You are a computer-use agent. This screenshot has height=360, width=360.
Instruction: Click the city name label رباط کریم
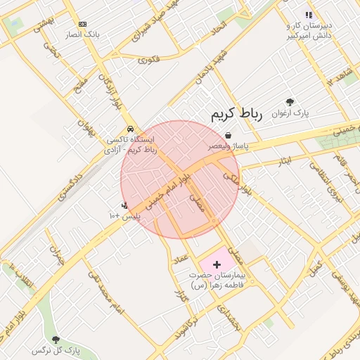(x=236, y=115)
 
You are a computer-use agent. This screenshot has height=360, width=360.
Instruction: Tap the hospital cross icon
(x=217, y=264)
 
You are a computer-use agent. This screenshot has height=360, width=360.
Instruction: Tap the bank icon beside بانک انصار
(x=82, y=24)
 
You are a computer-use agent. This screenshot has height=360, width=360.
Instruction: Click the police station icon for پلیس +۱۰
(x=124, y=205)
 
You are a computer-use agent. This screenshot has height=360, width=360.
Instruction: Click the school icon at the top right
(x=308, y=15)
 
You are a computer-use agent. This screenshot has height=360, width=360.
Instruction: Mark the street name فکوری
(x=148, y=60)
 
